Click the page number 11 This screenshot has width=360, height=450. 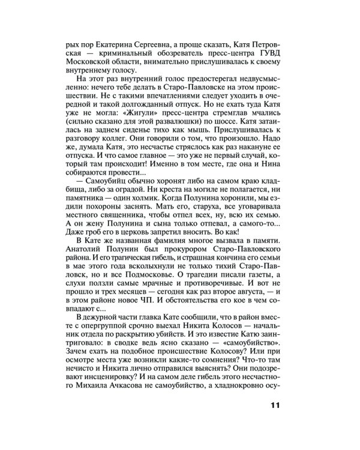275,404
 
